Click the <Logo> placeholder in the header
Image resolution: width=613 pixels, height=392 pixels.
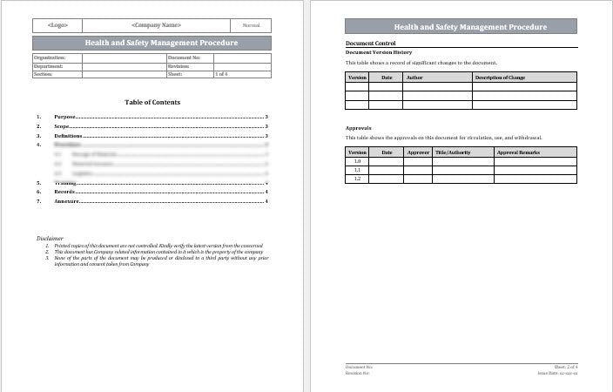58,25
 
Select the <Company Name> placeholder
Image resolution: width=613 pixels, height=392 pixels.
156,25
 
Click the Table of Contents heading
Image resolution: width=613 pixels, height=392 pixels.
152,102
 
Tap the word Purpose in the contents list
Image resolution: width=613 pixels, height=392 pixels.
65,116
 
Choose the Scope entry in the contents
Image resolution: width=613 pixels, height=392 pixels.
63,126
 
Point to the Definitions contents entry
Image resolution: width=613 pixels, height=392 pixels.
68,136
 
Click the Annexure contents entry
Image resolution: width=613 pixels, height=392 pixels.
67,201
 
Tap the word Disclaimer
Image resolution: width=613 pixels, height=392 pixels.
50,238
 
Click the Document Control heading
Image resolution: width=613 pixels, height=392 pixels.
370,43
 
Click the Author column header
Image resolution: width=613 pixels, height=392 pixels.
414,78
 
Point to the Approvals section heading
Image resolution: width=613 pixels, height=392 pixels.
359,128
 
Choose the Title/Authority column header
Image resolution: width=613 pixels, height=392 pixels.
452,152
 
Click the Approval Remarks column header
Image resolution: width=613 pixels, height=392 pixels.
519,152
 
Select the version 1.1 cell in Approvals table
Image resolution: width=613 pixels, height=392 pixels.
357,170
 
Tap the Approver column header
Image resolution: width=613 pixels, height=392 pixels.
418,152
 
